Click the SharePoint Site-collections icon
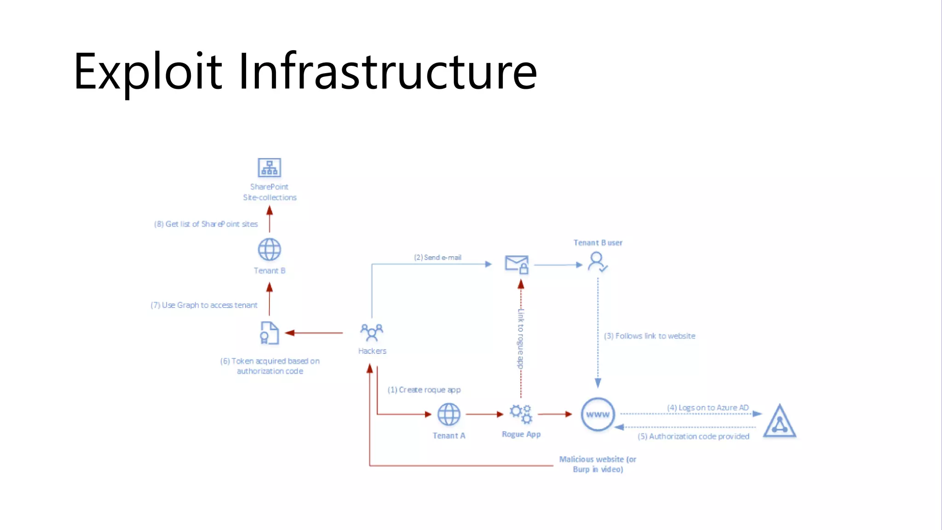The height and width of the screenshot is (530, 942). point(269,168)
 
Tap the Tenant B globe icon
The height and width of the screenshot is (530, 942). point(269,250)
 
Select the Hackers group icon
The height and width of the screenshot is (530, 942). point(372,332)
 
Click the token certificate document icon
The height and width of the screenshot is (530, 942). point(269,333)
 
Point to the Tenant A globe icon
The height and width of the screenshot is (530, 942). point(448,414)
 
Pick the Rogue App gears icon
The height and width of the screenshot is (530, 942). point(521,414)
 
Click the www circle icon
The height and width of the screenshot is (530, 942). point(597,414)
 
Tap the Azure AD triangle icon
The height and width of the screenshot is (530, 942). point(779,421)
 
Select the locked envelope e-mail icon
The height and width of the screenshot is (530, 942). point(517,265)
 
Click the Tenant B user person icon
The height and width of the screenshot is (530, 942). point(597,262)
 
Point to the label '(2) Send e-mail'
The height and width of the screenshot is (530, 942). point(437,258)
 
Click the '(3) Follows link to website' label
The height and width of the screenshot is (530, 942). point(649,336)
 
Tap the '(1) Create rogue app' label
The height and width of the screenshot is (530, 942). point(424,390)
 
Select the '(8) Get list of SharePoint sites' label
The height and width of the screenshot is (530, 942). point(206,224)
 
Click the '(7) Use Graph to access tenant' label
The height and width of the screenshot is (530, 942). point(204,305)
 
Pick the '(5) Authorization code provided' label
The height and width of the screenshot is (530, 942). point(693,436)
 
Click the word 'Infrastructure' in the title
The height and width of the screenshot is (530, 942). point(387,71)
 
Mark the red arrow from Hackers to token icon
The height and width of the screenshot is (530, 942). point(314,333)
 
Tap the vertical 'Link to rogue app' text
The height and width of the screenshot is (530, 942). point(521,339)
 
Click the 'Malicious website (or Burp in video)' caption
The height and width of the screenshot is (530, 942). point(597,464)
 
